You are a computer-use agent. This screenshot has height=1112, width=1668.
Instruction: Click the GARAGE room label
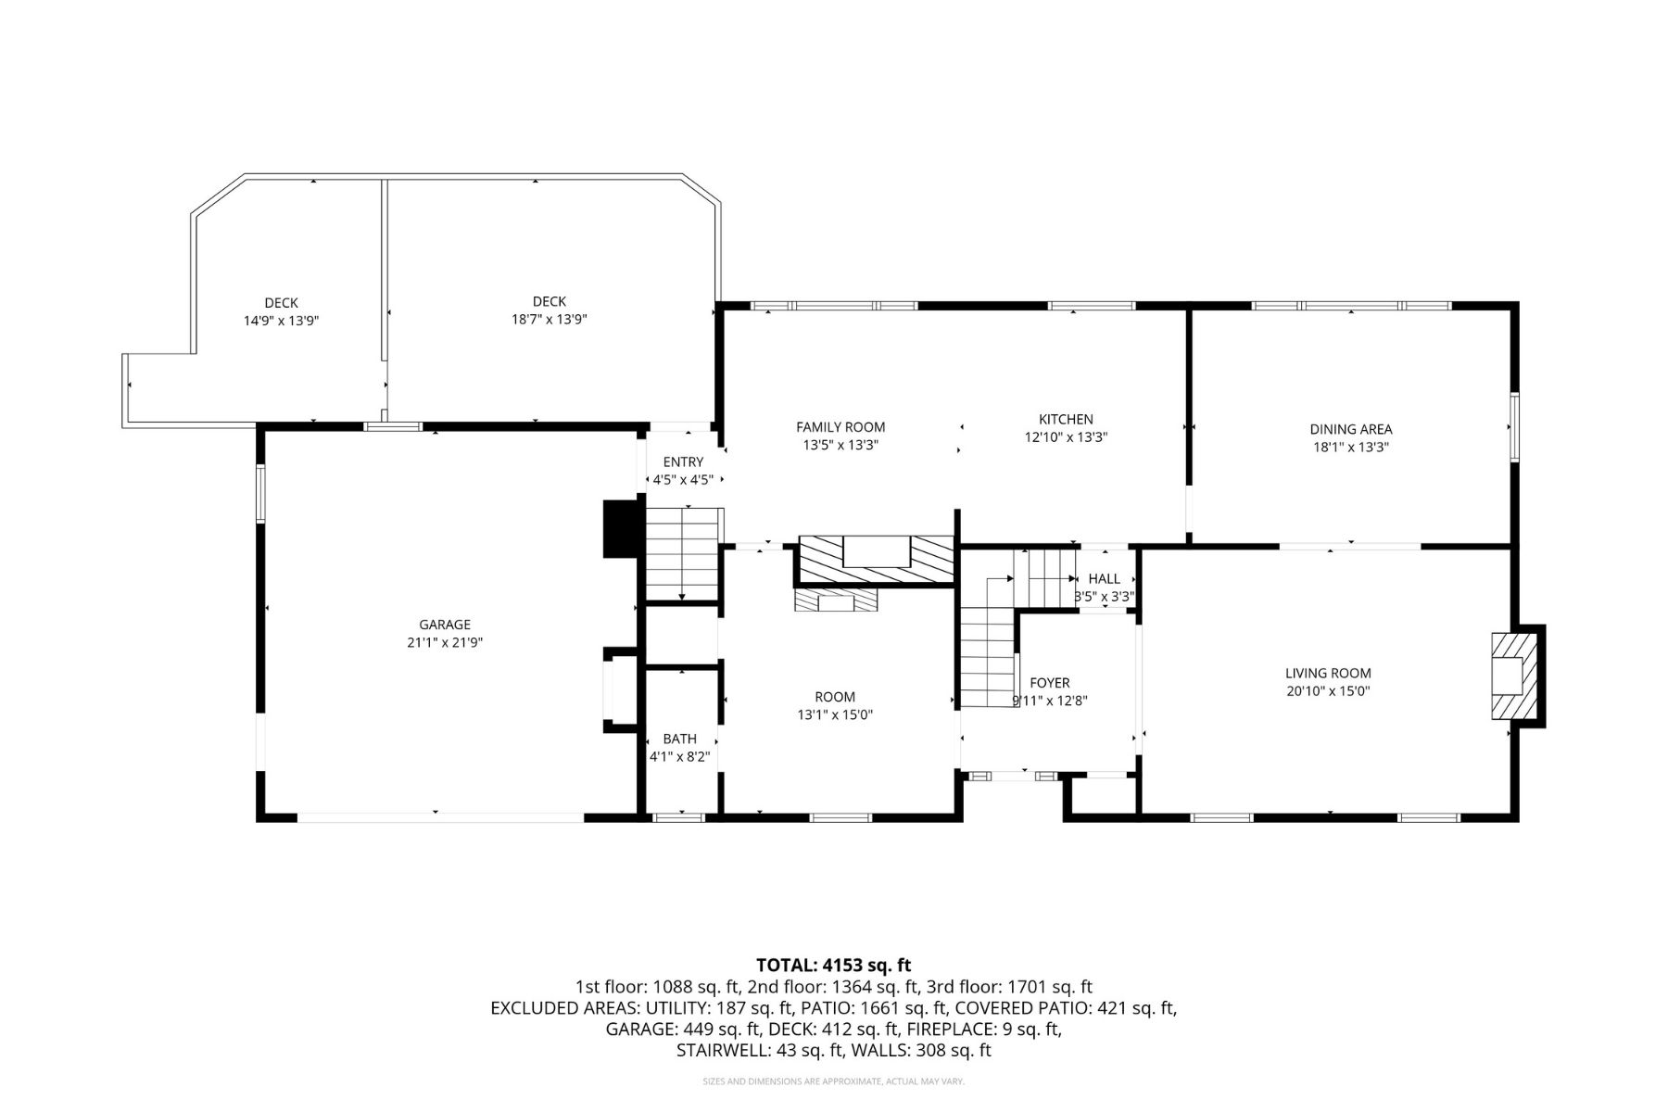coord(445,625)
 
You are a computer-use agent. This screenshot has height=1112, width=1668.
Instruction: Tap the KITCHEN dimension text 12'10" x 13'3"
coord(1066,437)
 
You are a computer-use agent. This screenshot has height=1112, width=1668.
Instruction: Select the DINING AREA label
coord(1350,429)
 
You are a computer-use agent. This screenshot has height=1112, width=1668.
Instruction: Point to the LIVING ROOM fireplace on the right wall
coord(1514,676)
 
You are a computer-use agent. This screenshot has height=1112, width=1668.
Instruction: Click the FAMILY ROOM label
coord(840,427)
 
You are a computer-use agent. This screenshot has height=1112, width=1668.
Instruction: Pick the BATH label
coord(679,739)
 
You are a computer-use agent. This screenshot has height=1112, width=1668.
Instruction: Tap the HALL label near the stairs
coord(1104,578)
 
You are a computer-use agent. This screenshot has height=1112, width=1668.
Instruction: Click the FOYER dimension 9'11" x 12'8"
coord(1049,701)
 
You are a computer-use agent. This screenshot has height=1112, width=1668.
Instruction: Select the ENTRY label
coord(683,462)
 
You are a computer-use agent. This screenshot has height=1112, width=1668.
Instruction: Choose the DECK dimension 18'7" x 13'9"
coord(550,319)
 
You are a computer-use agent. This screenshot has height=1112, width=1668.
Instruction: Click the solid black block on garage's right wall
coord(619,529)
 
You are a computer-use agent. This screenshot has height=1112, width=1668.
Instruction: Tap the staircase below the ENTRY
coord(682,554)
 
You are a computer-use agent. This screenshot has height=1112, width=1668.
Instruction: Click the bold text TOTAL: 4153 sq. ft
coord(833,966)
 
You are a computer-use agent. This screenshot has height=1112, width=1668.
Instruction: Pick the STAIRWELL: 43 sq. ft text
coord(760,1050)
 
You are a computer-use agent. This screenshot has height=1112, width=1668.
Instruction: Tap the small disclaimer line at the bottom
coord(833,1081)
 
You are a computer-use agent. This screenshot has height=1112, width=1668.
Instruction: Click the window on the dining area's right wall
coord(1515,427)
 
